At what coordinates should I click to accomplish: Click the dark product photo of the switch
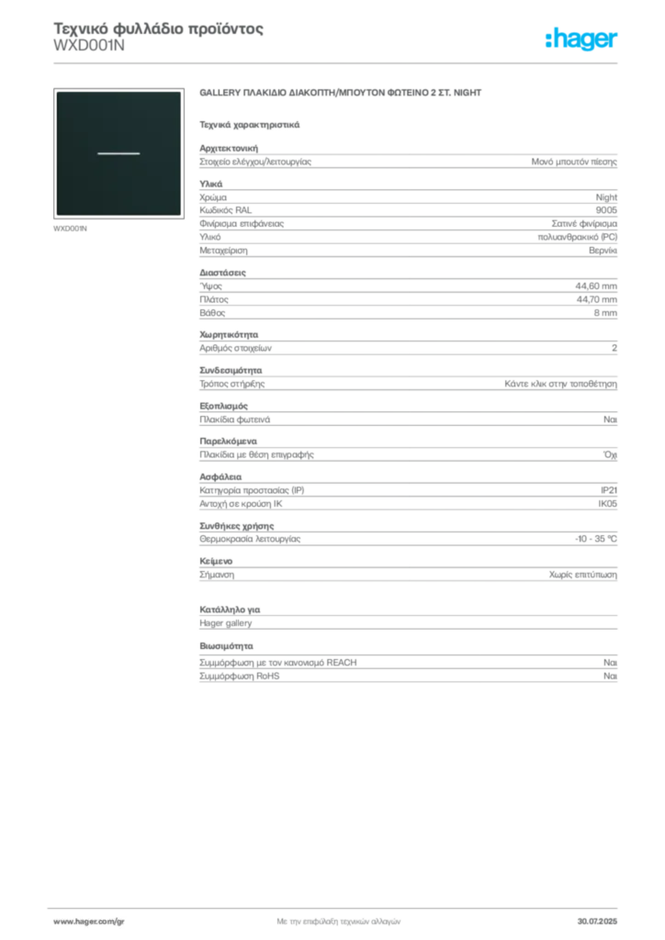(x=118, y=153)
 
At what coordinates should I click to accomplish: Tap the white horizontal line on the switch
(x=118, y=153)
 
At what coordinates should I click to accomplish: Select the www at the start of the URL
(x=61, y=920)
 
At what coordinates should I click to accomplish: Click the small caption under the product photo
(x=70, y=229)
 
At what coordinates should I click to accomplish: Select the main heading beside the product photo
(x=341, y=94)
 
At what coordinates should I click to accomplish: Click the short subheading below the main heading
(x=250, y=124)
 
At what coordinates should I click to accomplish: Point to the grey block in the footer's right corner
(x=603, y=918)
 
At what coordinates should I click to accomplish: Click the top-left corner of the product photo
(x=57, y=92)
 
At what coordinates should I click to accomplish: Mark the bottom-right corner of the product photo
(x=180, y=215)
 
